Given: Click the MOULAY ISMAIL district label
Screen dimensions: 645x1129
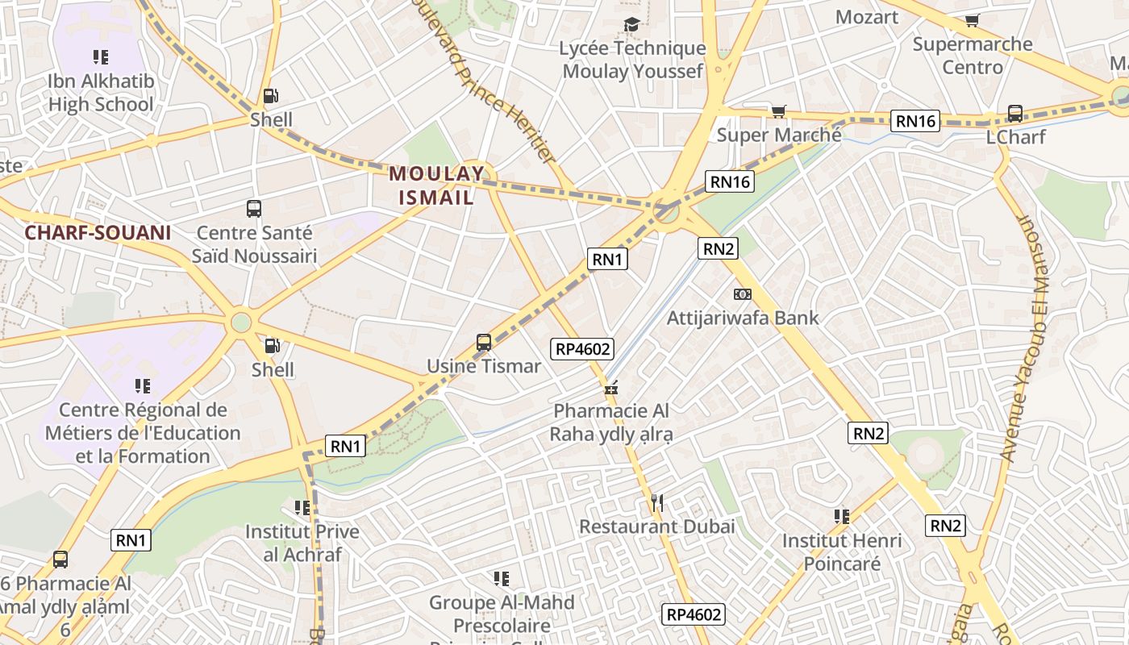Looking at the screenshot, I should (438, 185).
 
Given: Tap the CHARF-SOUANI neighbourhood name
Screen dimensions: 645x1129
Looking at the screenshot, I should (98, 233).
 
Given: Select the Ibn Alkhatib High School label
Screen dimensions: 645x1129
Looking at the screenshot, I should (101, 93).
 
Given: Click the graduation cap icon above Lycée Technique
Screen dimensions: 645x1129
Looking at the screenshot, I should (631, 25).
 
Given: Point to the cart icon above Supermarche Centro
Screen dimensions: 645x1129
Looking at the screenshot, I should (972, 21).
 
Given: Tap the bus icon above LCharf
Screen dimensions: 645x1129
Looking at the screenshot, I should (1015, 114).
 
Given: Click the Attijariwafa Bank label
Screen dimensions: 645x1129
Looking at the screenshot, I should (743, 318).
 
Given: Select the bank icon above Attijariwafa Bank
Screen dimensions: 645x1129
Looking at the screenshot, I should (743, 294).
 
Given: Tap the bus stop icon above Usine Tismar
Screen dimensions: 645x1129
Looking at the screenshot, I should (484, 343).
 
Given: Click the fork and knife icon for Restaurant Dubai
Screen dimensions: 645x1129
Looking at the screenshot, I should (657, 504).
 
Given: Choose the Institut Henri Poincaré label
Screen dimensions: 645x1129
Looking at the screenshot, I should (842, 551).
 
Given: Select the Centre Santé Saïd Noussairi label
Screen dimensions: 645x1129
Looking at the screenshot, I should (254, 244).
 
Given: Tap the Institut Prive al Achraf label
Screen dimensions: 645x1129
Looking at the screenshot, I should (302, 543).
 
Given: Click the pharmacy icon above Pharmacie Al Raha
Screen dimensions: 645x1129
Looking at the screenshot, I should (611, 389).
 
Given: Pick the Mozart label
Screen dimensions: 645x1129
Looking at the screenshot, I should (867, 17).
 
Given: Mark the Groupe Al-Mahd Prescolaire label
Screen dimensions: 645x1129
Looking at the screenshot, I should (502, 614).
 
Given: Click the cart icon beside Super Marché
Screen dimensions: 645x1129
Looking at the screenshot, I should (778, 111).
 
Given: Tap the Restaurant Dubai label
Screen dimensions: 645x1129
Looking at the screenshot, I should (657, 526).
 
